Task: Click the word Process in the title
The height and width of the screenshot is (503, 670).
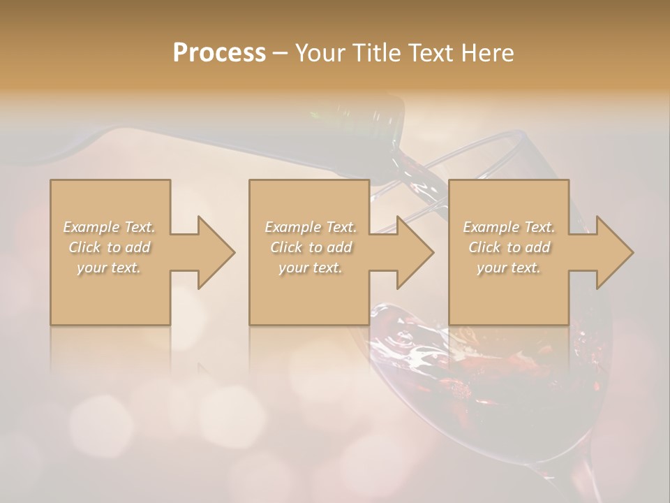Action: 219,53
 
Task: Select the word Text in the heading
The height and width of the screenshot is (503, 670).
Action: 431,53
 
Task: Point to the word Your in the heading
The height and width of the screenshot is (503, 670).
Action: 322,53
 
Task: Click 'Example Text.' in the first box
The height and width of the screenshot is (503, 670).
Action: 109,227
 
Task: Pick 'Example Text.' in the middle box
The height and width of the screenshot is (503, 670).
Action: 311,227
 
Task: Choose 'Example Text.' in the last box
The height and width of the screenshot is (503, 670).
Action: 509,227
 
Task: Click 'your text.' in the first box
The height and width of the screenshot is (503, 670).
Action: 109,268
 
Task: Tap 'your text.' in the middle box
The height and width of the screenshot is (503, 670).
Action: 311,268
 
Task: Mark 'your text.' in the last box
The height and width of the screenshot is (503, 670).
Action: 509,268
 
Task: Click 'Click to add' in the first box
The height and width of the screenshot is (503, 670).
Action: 109,247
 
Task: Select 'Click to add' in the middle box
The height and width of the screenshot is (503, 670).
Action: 311,247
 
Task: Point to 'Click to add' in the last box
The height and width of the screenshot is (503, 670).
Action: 509,247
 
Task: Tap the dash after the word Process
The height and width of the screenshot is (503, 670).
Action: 280,54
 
